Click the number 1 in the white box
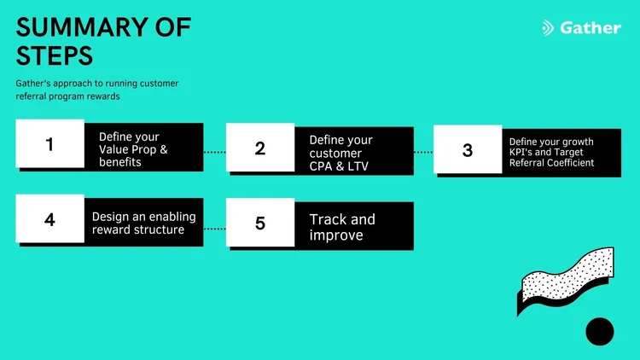coord(49,144)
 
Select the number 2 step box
coord(260,148)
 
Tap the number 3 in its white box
coord(467,151)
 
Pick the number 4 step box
coord(49,219)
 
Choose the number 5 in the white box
coord(260,224)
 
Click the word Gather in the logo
coord(591,27)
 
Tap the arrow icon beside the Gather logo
coord(548,28)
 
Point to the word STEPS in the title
coord(53,56)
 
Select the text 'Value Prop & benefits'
coord(134,155)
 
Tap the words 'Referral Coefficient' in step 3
coord(550,162)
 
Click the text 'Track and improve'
coord(342,227)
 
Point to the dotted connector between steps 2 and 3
coord(423,152)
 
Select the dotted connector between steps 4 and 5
coord(214,229)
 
